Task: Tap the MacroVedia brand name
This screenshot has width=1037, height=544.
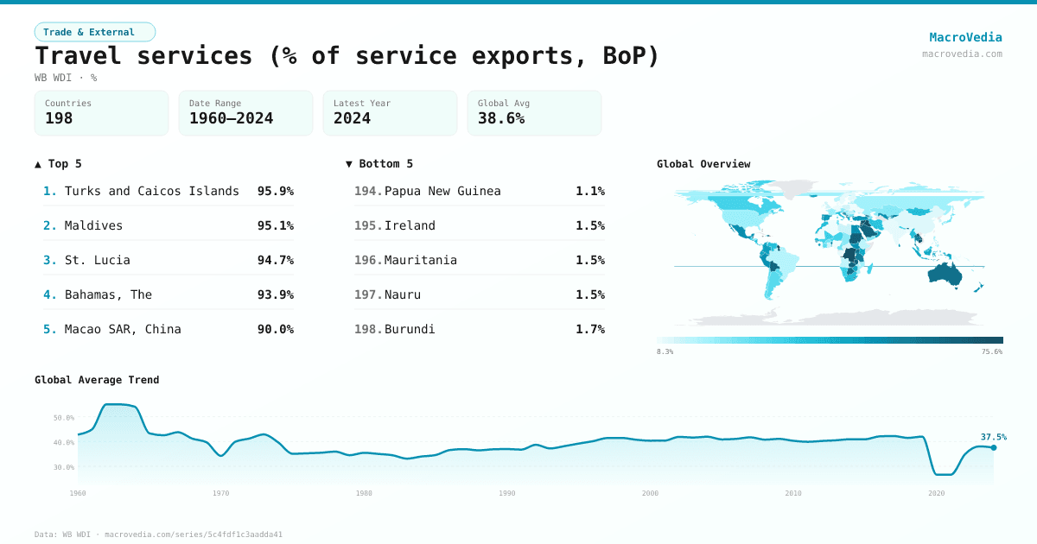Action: point(965,37)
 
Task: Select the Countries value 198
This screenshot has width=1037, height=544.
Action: point(59,118)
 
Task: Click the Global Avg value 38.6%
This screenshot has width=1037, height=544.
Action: point(501,118)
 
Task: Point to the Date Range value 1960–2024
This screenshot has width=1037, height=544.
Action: point(231,118)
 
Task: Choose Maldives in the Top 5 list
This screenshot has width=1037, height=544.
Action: point(93,225)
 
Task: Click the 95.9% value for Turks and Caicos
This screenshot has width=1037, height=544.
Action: point(275,191)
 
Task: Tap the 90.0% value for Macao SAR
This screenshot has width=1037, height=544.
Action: point(275,329)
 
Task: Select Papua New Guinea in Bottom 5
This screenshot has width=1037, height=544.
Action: point(442,191)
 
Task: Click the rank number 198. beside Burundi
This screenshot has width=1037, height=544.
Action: point(367,329)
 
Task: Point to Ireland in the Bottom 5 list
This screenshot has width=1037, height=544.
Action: point(410,225)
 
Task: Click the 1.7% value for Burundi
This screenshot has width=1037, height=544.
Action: point(590,329)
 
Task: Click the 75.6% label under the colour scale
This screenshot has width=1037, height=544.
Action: point(991,352)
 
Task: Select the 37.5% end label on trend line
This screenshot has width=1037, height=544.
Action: point(993,437)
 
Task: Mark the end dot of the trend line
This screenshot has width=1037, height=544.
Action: point(994,447)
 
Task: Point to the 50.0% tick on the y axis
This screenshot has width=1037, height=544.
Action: point(64,418)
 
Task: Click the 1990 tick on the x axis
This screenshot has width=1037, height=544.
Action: point(507,493)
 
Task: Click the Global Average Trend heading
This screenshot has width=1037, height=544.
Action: point(97,380)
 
